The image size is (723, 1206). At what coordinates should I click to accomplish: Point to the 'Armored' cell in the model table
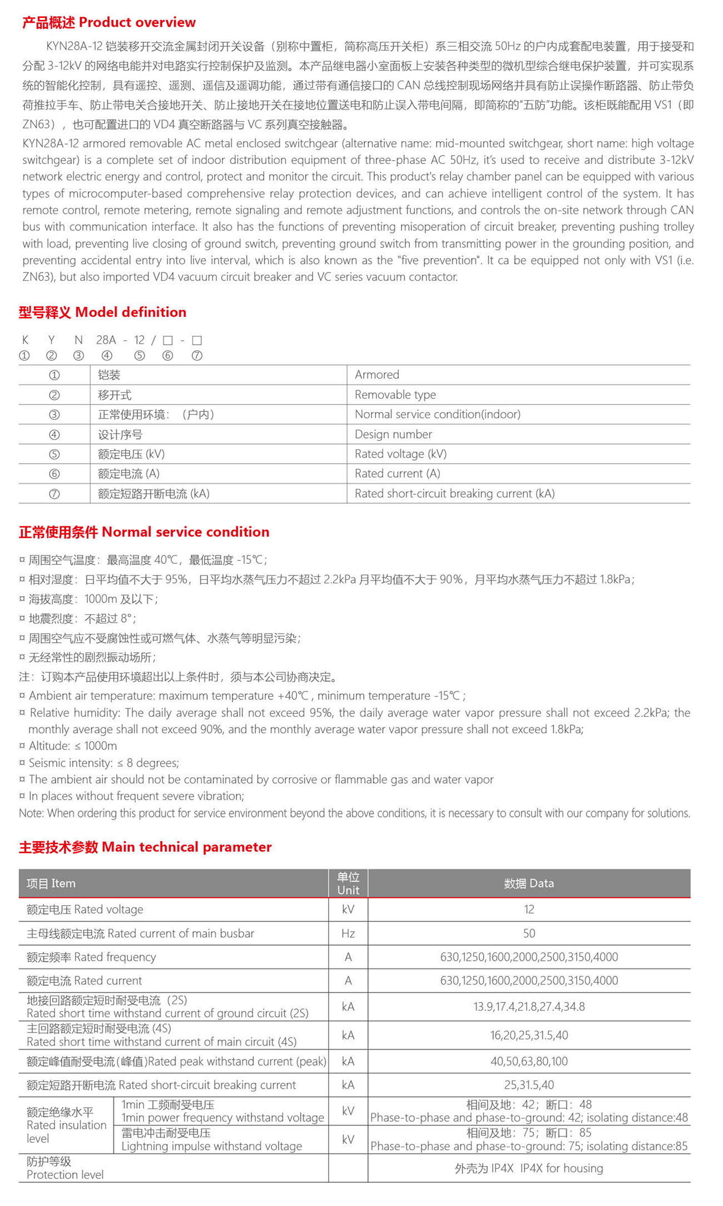pos(377,375)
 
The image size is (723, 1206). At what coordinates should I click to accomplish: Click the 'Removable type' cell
pos(395,395)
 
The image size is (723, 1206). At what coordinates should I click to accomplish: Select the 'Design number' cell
pos(393,434)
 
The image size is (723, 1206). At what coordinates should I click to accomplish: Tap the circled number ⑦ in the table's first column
pos(54,494)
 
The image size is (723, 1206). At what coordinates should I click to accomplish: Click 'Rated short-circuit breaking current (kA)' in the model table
pos(454,494)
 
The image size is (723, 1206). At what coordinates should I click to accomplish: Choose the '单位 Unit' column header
pos(348,884)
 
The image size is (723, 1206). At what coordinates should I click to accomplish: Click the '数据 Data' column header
pos(529,884)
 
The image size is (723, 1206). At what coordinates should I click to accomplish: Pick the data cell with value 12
pos(529,910)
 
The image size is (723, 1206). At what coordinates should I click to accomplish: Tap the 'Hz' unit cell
pos(348,934)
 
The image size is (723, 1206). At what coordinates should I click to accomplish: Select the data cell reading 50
pos(529,934)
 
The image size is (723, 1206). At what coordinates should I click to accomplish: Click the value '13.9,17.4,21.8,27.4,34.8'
pos(529,1007)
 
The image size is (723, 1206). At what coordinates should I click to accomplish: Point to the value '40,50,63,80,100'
pos(529,1061)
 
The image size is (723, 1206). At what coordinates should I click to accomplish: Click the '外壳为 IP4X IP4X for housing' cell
pos(529,1168)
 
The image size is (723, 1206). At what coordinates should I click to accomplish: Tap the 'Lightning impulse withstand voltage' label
pos(211,1146)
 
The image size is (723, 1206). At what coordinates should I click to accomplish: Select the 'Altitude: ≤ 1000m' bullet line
pos(72,746)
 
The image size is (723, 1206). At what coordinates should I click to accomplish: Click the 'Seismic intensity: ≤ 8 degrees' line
pos(103,763)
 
